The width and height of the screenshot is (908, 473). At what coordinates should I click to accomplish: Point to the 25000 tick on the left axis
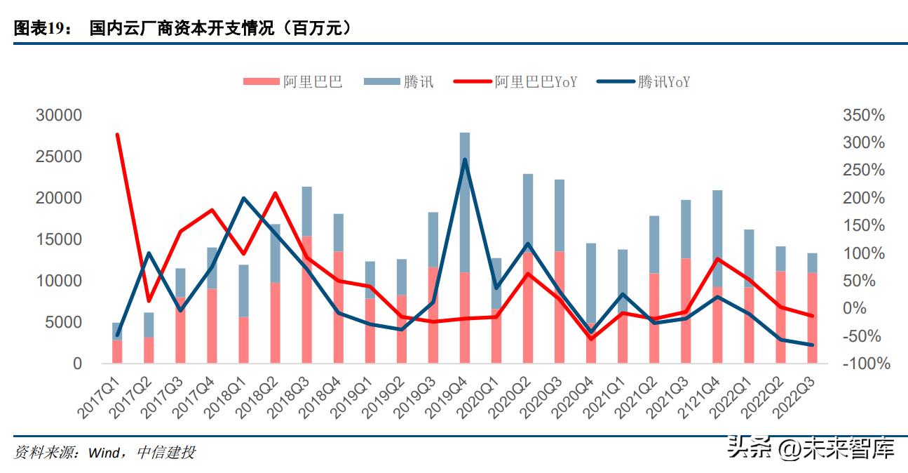coord(59,156)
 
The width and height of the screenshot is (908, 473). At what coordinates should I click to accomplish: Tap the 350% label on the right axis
coord(864,115)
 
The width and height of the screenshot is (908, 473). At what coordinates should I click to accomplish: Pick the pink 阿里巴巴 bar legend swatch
coord(259,82)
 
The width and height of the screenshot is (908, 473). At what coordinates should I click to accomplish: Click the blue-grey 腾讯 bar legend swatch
coord(380,82)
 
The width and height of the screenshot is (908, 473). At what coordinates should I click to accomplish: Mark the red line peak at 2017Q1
coord(117,135)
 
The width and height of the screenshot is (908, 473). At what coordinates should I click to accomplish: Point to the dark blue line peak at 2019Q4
coord(464,160)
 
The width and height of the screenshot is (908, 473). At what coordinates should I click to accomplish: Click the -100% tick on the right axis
coord(867,364)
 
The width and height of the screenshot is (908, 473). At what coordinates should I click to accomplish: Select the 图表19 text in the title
coord(41,29)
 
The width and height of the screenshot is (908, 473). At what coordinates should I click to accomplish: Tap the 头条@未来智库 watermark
coord(811,447)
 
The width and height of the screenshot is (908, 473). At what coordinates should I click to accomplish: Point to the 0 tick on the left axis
coord(76,364)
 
